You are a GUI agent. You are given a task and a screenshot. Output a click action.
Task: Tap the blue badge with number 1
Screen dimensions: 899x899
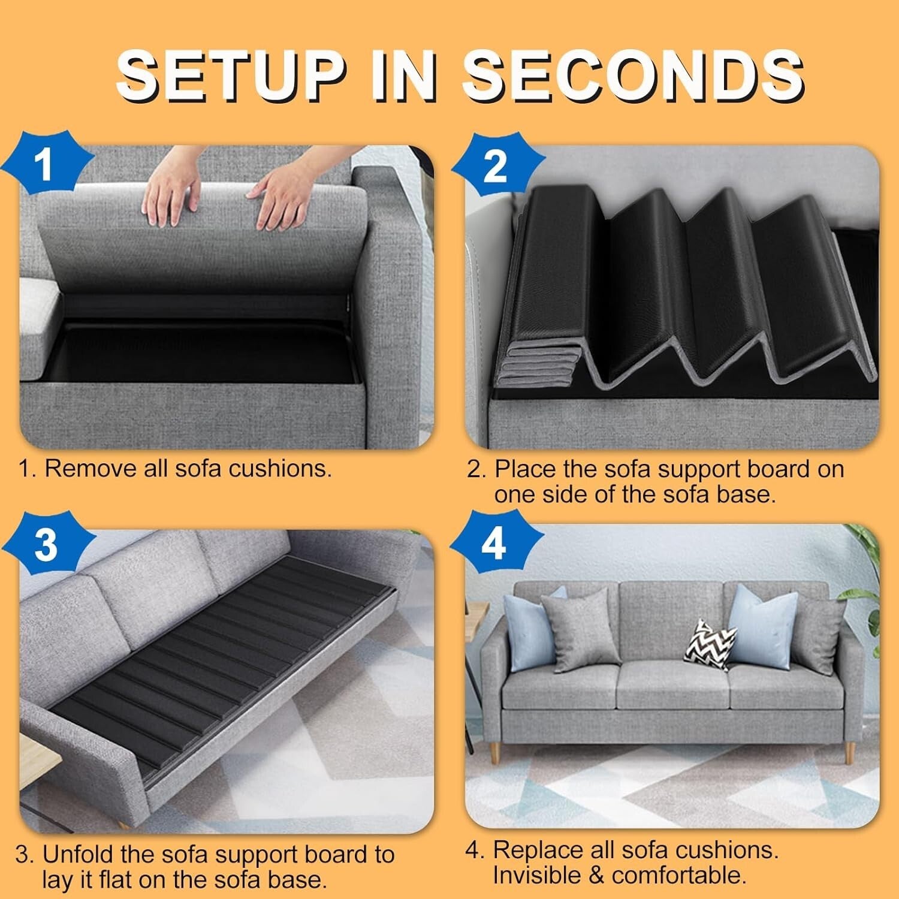[x=45, y=164]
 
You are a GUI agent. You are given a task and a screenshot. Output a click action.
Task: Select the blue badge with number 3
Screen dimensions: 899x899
[x=46, y=545]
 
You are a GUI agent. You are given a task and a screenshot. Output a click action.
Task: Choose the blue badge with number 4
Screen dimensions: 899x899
[x=494, y=544]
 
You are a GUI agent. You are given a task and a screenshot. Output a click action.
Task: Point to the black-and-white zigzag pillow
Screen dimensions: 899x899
[x=710, y=645]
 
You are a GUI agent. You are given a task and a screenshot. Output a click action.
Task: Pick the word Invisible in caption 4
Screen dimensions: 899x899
[x=537, y=875]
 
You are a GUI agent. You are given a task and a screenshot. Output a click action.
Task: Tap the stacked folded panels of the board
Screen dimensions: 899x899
[x=537, y=366]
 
